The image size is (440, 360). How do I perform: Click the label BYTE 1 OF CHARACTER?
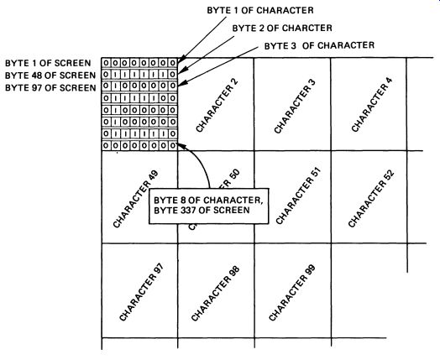tap(260, 10)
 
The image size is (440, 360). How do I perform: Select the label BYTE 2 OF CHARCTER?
tap(282, 28)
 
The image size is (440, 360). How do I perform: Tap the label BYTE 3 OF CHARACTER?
tap(319, 45)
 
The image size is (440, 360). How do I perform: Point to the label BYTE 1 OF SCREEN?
tap(48, 63)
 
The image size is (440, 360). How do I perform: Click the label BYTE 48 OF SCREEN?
tap(50, 76)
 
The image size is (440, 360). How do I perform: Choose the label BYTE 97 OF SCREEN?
tap(50, 88)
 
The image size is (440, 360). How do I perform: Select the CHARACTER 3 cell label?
tap(295, 106)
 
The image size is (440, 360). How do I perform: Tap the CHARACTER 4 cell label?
tap(371, 104)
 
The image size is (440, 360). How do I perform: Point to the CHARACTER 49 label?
tap(135, 199)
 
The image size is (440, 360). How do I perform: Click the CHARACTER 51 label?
tap(298, 196)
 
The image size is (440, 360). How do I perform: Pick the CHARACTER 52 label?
tap(371, 198)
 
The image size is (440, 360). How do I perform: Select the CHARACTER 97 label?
tap(140, 292)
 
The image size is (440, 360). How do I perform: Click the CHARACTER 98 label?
tap(215, 293)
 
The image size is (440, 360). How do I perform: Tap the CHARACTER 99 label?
tap(292, 292)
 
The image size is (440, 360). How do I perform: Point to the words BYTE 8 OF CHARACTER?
tap(208, 201)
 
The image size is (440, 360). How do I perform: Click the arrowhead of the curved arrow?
tap(181, 145)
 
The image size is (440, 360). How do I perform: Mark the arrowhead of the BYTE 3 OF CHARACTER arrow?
tap(181, 84)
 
